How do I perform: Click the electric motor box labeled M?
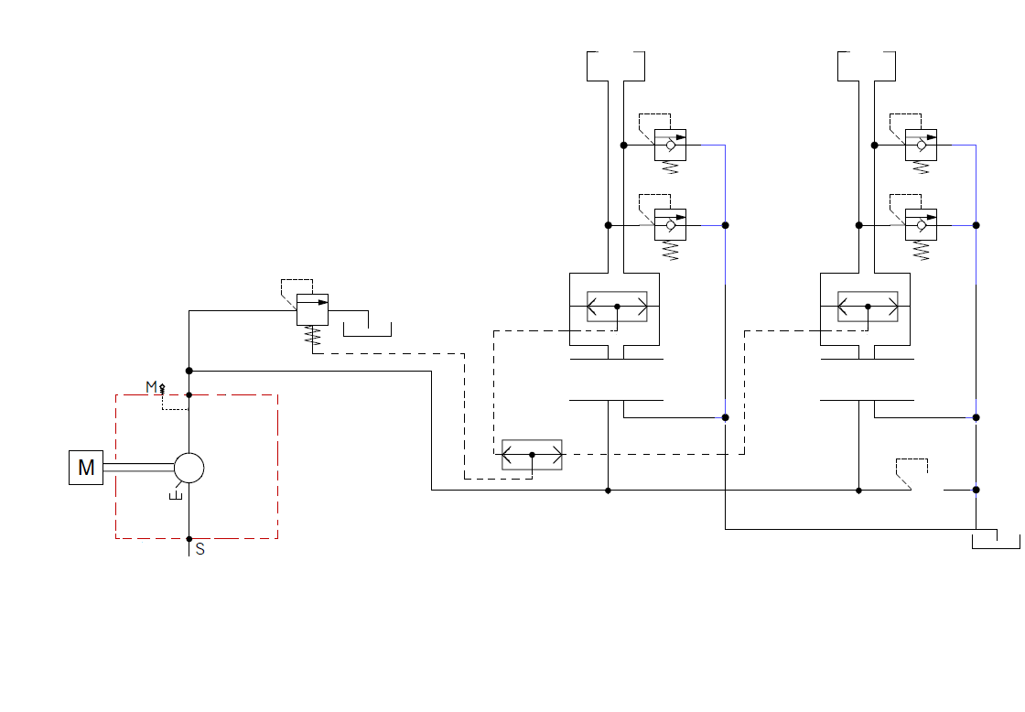[x=86, y=468]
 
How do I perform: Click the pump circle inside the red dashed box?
[x=189, y=469]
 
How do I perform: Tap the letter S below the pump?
[x=200, y=550]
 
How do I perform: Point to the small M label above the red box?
[x=151, y=386]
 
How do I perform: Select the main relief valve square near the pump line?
[x=312, y=309]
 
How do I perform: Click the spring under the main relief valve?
[x=313, y=335]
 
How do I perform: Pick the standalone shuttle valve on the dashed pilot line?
[x=532, y=455]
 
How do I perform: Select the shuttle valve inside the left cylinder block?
[x=617, y=307]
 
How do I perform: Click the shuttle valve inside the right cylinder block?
[x=869, y=307]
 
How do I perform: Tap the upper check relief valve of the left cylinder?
[x=670, y=145]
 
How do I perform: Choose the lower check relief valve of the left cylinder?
[x=670, y=225]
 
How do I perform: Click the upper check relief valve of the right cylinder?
[x=921, y=145]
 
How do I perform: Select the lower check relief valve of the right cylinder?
[x=921, y=225]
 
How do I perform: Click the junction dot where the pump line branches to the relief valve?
[x=189, y=371]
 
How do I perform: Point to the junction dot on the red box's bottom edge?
[x=189, y=539]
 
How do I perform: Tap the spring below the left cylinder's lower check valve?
[x=670, y=251]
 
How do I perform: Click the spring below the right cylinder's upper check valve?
[x=921, y=167]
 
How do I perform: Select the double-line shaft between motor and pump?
[x=138, y=468]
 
